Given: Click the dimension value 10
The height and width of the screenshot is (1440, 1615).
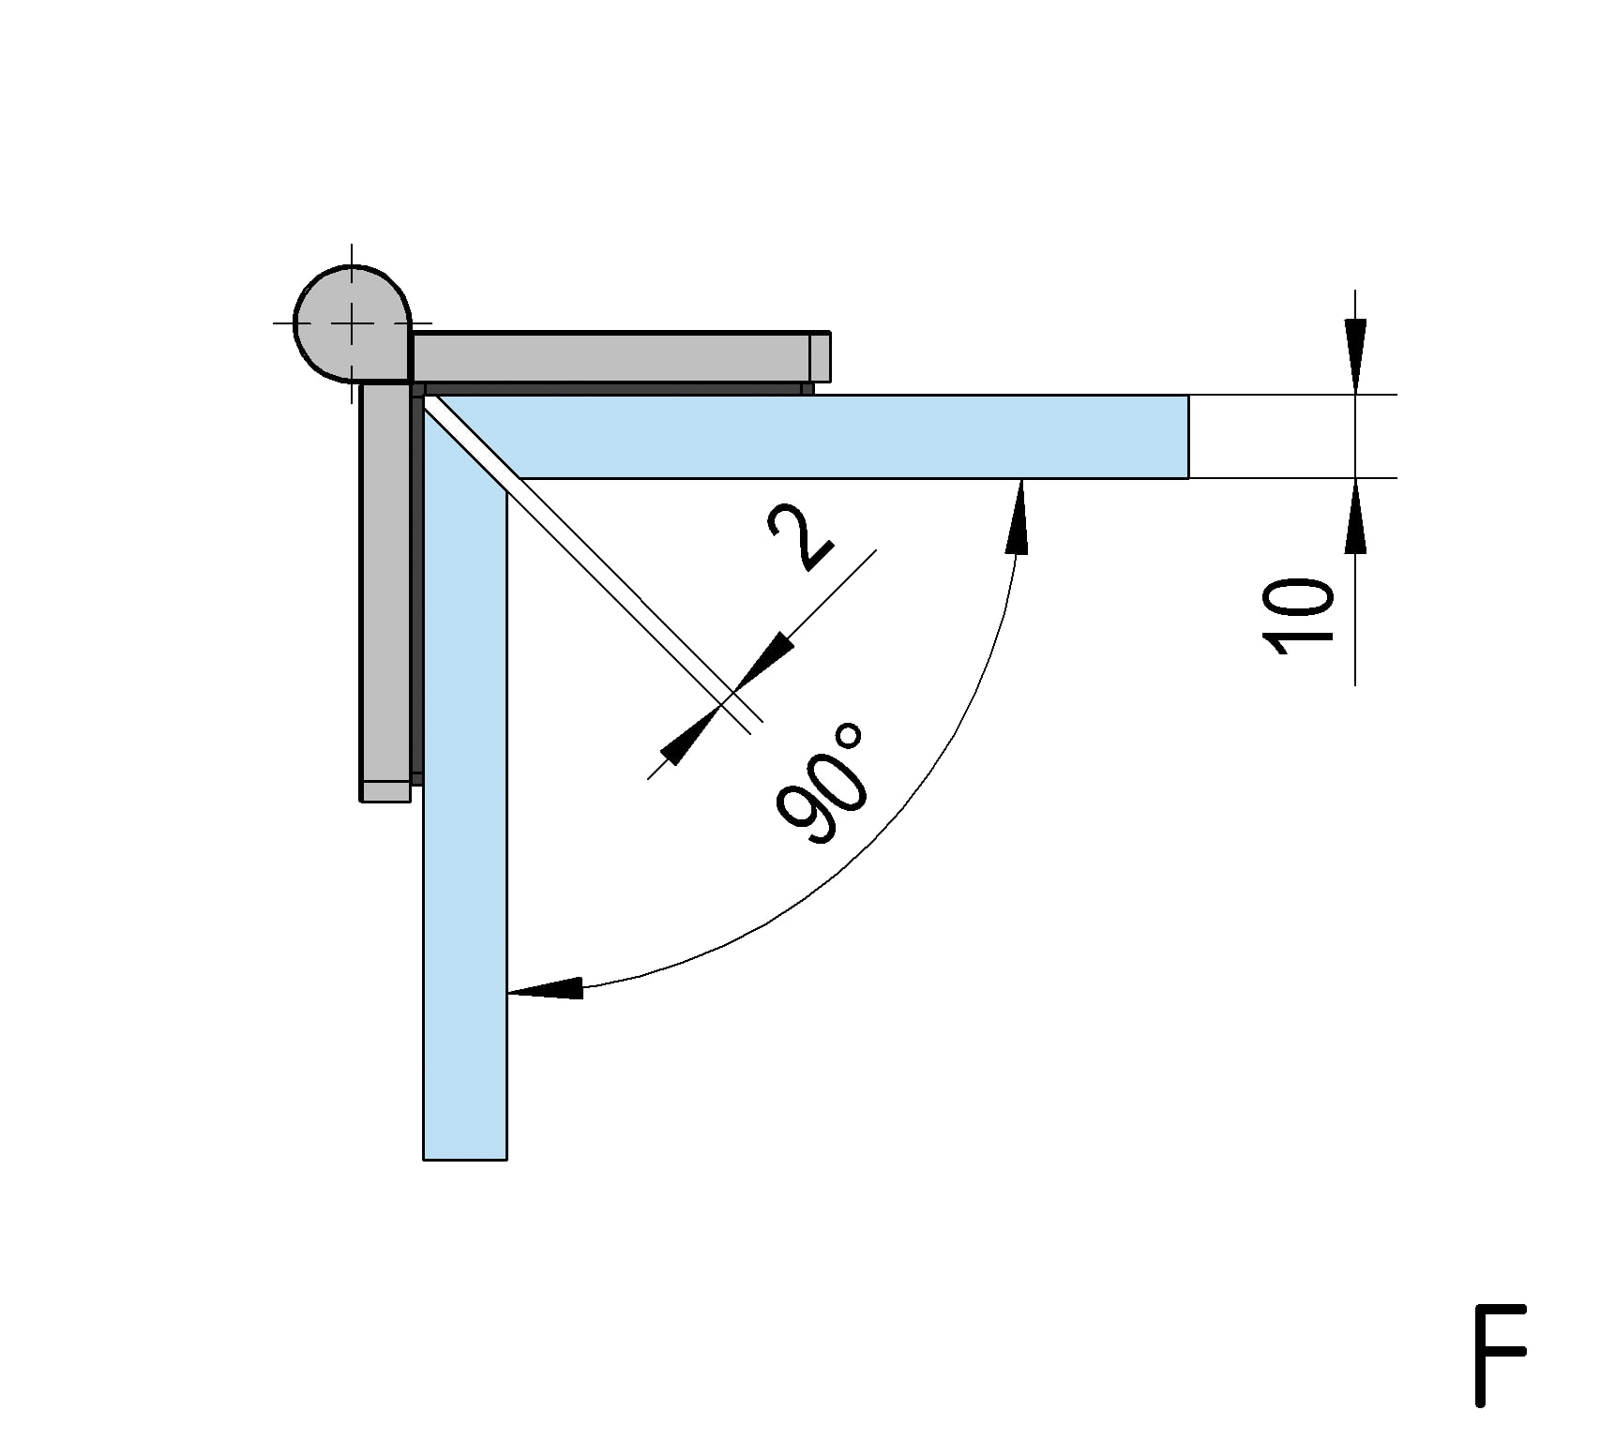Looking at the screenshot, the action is tap(1299, 616).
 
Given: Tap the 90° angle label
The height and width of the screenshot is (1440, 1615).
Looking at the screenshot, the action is tap(820, 784).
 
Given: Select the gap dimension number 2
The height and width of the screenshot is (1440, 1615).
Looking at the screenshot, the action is tap(800, 537).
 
